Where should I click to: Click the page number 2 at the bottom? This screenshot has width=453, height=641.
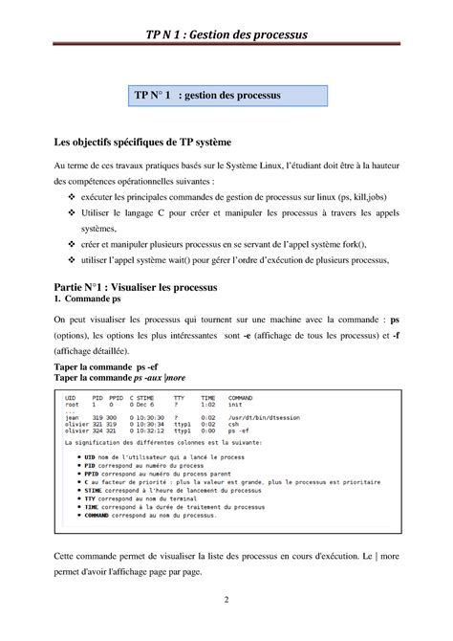pyautogui.click(x=226, y=600)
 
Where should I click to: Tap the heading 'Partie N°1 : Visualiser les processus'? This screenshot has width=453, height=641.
pyautogui.click(x=137, y=287)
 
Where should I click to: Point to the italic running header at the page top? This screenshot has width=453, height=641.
pyautogui.click(x=226, y=35)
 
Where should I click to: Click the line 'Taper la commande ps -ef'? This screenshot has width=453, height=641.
pyautogui.click(x=108, y=366)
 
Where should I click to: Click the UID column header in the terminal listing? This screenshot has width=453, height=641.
pyautogui.click(x=70, y=397)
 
